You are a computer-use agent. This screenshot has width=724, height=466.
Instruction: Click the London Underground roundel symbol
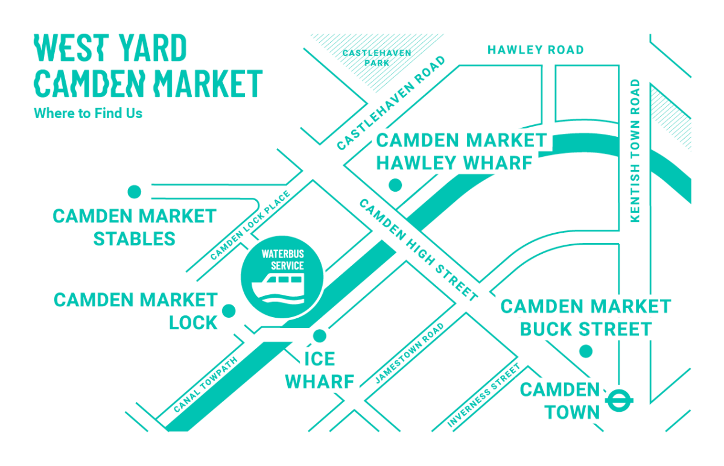coord(619,400)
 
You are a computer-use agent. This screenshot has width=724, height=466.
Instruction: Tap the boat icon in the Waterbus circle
coord(282,287)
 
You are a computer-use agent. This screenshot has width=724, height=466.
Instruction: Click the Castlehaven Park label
coord(376,57)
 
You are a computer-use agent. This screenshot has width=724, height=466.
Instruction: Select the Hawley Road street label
coord(535,50)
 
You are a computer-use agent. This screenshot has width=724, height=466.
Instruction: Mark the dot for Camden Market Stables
coord(135,192)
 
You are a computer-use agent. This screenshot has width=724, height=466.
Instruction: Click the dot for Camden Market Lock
coord(229,311)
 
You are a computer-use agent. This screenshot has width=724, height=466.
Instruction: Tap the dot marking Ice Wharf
coord(320,336)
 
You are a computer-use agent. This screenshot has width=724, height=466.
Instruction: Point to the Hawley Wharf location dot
coord(395,185)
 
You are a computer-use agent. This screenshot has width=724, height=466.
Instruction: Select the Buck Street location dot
coord(585,351)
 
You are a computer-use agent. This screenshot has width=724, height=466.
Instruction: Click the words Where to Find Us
coord(88,113)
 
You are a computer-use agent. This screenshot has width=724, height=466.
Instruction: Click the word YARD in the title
coord(150,49)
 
